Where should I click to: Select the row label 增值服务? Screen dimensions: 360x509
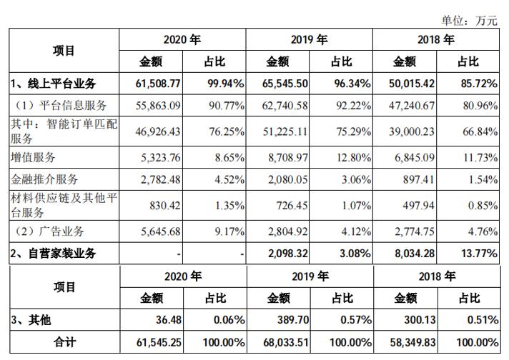pos(31,157)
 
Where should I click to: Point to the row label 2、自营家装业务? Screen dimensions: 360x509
pos(52,253)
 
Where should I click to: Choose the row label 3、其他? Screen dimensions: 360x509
pos(30,320)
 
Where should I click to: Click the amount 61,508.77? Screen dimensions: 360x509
pos(157,84)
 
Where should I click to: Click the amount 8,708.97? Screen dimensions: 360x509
pos(287,157)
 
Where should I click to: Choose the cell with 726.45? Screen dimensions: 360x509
pos(292,205)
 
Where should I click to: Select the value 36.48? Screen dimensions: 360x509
pos(165,320)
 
